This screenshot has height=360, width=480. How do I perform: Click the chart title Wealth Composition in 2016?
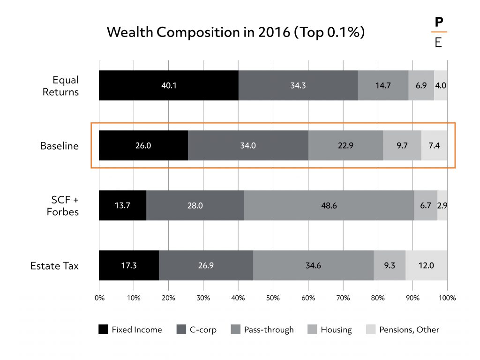click(x=236, y=32)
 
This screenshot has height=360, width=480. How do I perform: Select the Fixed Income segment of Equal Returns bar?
click(x=168, y=85)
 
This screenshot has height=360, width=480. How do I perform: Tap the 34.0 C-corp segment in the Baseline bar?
click(x=247, y=145)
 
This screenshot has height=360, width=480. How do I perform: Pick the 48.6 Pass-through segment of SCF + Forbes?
click(x=329, y=205)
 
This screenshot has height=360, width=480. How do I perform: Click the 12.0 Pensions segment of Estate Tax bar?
click(x=426, y=265)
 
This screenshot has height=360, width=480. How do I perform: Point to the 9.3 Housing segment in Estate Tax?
click(x=389, y=265)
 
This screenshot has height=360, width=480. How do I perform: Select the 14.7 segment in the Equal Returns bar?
click(x=383, y=85)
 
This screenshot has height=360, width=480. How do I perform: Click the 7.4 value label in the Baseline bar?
click(x=434, y=145)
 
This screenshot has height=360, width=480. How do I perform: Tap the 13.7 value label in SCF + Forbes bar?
click(x=122, y=205)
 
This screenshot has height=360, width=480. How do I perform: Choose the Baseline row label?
click(x=59, y=146)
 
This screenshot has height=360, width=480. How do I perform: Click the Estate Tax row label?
click(x=54, y=266)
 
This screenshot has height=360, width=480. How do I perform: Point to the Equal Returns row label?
click(x=60, y=86)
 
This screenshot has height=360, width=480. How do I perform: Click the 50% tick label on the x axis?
click(x=273, y=297)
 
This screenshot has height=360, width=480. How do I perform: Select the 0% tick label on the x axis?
click(x=99, y=297)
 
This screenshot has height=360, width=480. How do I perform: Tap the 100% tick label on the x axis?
click(x=447, y=297)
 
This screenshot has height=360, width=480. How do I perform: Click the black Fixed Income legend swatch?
click(x=103, y=330)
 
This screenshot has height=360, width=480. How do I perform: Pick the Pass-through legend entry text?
click(x=269, y=330)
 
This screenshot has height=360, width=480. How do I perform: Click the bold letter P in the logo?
click(x=439, y=22)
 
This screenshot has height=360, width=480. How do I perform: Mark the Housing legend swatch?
click(x=312, y=330)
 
